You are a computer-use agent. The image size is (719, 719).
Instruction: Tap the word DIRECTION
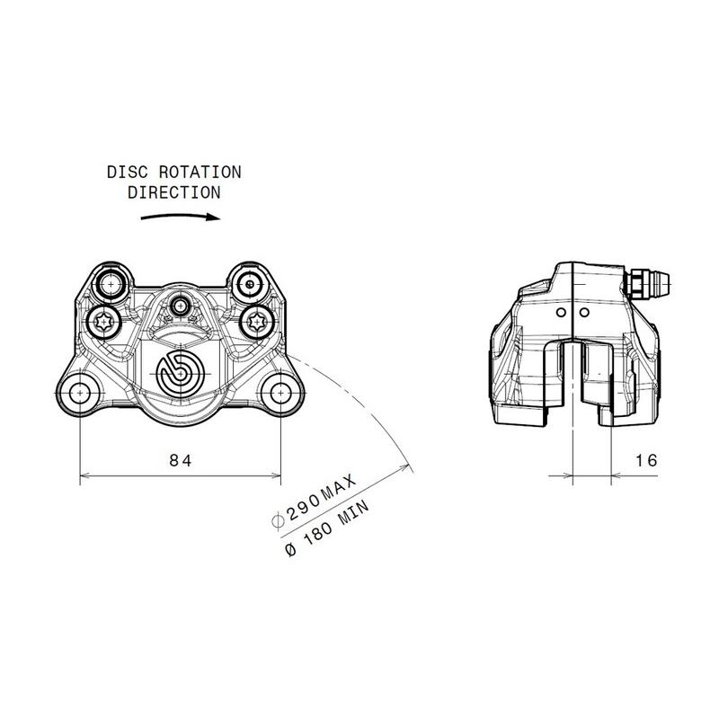[174, 191]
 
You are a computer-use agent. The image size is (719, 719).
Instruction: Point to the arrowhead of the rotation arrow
[214, 216]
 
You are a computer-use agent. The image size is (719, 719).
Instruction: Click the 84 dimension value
[181, 460]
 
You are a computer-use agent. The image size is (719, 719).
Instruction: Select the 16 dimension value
[645, 460]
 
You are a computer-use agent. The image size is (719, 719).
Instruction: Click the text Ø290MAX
[314, 502]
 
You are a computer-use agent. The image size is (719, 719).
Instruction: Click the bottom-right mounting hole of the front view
[281, 391]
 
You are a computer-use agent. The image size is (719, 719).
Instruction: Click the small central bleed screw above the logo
[180, 306]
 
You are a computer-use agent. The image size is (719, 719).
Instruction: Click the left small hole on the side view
[560, 312]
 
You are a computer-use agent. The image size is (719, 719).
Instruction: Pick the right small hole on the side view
[584, 312]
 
